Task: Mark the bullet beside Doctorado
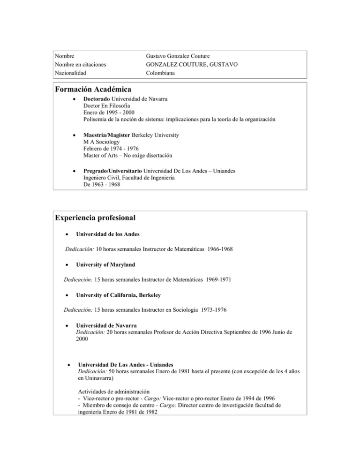tap(69, 100)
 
